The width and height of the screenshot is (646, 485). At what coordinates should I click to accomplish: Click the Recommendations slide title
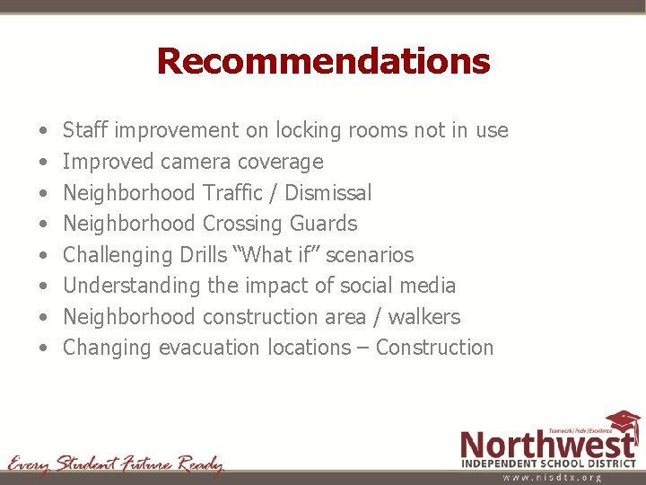(x=323, y=61)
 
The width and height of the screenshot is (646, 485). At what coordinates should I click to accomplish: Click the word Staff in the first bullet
(x=86, y=130)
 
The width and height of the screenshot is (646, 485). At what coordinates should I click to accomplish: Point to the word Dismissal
(x=327, y=192)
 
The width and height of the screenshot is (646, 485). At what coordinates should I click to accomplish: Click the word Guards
(x=326, y=224)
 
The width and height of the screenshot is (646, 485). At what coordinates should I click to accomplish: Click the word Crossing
(x=241, y=224)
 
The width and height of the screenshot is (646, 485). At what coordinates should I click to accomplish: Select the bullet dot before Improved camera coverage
(x=44, y=163)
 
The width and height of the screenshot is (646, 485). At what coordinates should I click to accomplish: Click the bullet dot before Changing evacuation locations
(x=44, y=348)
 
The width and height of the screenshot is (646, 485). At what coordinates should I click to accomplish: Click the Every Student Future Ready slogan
(x=115, y=464)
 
